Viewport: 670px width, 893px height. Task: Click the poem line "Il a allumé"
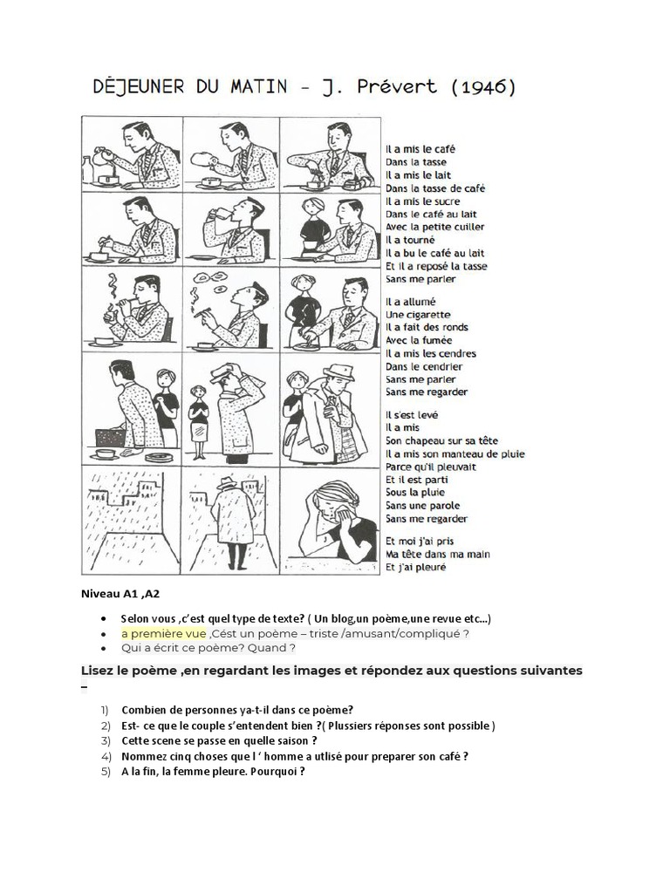(411, 301)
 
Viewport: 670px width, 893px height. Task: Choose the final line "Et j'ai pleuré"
(415, 567)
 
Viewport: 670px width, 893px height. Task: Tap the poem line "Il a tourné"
(410, 240)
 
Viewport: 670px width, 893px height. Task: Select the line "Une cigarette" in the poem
(418, 314)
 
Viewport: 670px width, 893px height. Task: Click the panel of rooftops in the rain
(132, 521)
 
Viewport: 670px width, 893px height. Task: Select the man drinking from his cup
(231, 228)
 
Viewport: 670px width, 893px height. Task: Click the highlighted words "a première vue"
(163, 633)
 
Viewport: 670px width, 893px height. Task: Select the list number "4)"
(106, 756)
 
